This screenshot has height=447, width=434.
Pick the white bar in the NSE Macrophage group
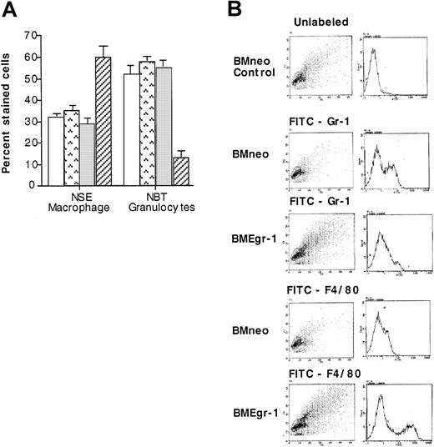(x=57, y=151)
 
